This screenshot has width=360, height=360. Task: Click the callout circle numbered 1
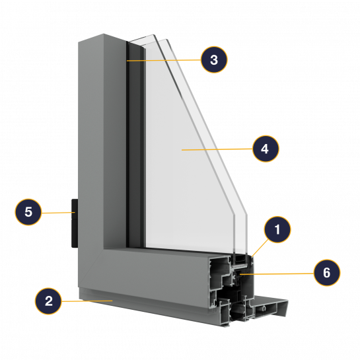(277, 229)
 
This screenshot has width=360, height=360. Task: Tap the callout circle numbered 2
(48, 301)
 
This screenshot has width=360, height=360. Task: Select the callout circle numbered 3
(214, 59)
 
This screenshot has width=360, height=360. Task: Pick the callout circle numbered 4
(266, 149)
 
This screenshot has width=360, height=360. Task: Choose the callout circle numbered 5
(28, 212)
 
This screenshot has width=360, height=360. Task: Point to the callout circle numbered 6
(327, 273)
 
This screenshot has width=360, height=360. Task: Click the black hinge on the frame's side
(75, 223)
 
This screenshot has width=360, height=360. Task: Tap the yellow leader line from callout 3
(164, 60)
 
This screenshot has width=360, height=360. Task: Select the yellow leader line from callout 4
(217, 149)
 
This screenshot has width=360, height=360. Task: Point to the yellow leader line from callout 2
(87, 301)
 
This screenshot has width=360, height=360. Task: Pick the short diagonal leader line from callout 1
(260, 248)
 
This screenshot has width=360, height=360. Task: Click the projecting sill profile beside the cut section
(271, 307)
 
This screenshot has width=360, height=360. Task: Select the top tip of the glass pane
(153, 35)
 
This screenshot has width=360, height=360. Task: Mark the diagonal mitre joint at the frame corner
(90, 268)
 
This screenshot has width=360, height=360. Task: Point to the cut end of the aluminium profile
(231, 290)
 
